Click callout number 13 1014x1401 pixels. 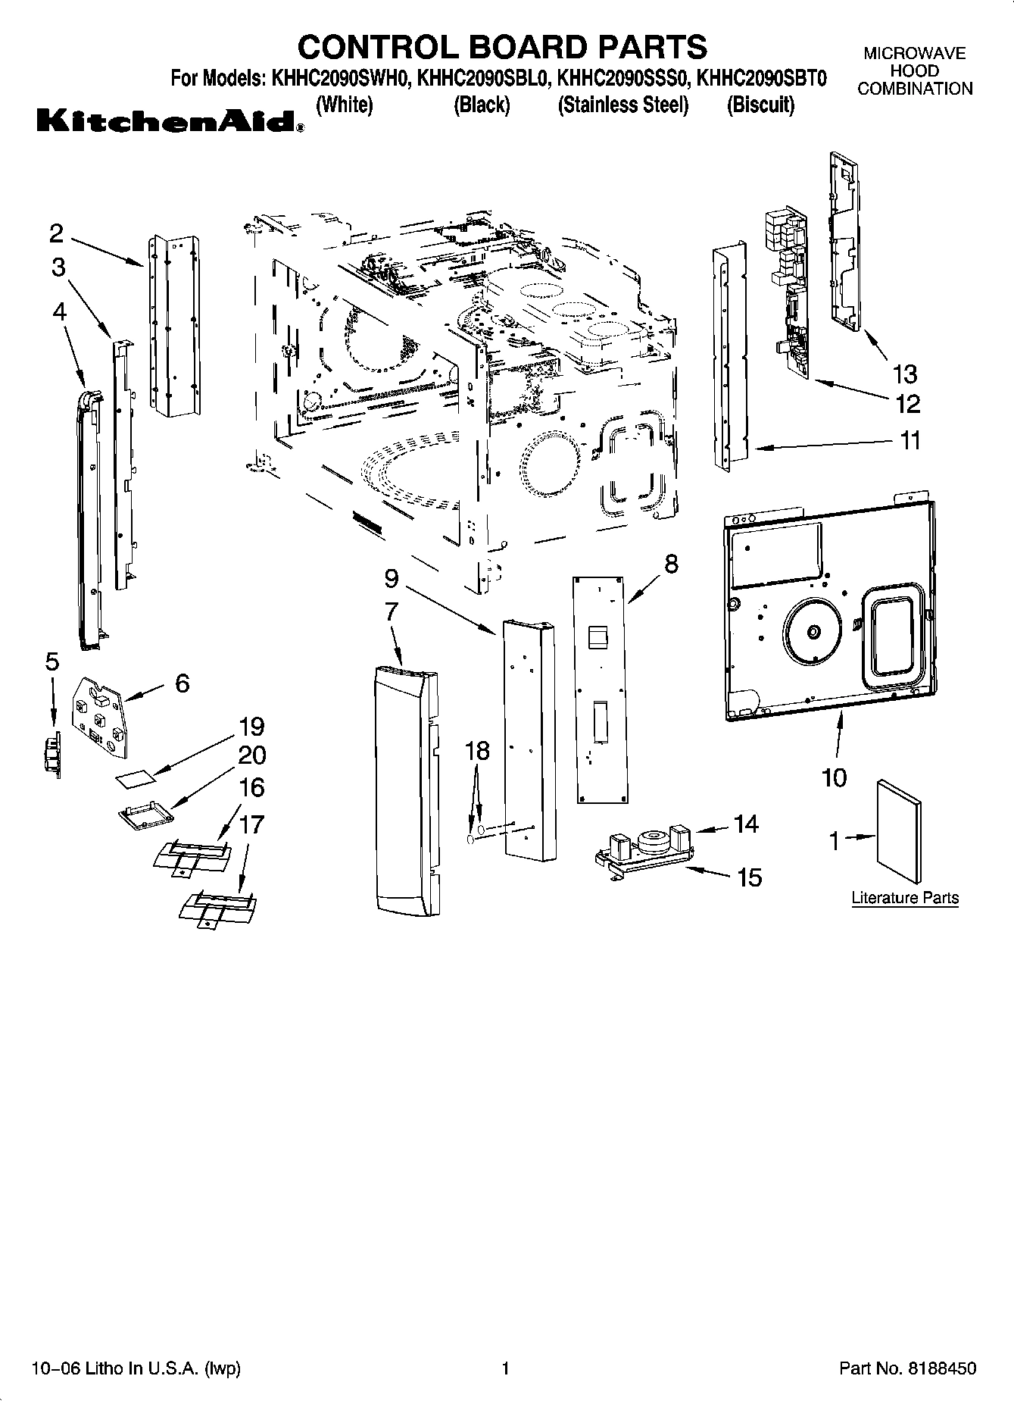click(x=905, y=374)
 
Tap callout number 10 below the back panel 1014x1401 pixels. click(x=834, y=777)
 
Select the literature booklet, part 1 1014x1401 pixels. click(x=900, y=830)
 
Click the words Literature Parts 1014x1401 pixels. click(x=905, y=898)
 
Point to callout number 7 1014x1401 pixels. click(x=392, y=611)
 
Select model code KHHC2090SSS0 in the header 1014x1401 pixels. click(x=622, y=79)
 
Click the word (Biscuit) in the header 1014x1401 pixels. click(x=760, y=105)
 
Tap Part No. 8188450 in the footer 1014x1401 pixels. click(x=907, y=1369)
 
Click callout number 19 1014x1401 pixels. click(x=251, y=727)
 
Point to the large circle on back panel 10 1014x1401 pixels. click(x=813, y=632)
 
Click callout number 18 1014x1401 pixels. click(x=477, y=751)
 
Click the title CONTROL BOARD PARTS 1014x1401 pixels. click(x=502, y=46)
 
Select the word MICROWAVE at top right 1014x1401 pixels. click(x=915, y=54)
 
